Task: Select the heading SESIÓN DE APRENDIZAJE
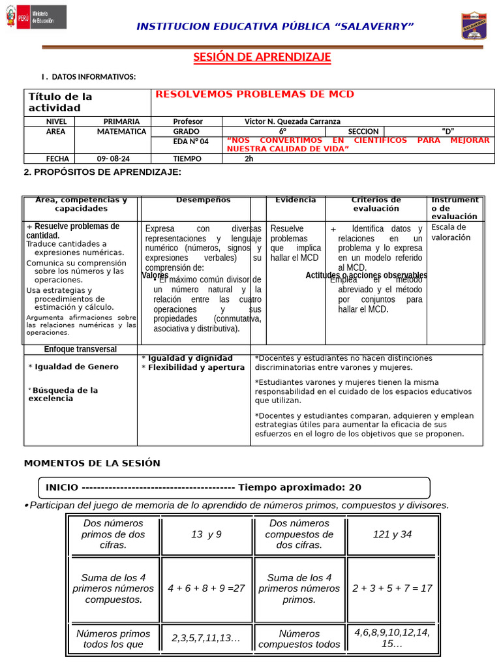pos(262,57)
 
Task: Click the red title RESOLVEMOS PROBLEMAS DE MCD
pos(254,95)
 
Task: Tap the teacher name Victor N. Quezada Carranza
pos(292,121)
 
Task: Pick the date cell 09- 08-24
pos(113,159)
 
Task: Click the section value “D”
pos(448,131)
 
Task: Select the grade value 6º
pos(282,131)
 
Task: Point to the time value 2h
pos(249,159)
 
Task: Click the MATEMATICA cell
pos(121,131)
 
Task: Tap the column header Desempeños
pos(203,200)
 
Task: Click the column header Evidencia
pos(296,200)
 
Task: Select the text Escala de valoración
pos(451,232)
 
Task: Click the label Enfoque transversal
pos(80,349)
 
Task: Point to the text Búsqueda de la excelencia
pos(63,394)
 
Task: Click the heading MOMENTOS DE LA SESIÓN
pos(92,463)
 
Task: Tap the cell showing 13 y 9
pos(206,534)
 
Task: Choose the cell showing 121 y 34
pos(392,534)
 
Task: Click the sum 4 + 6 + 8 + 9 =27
pos(206,588)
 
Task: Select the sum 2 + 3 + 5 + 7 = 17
pos(392,588)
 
